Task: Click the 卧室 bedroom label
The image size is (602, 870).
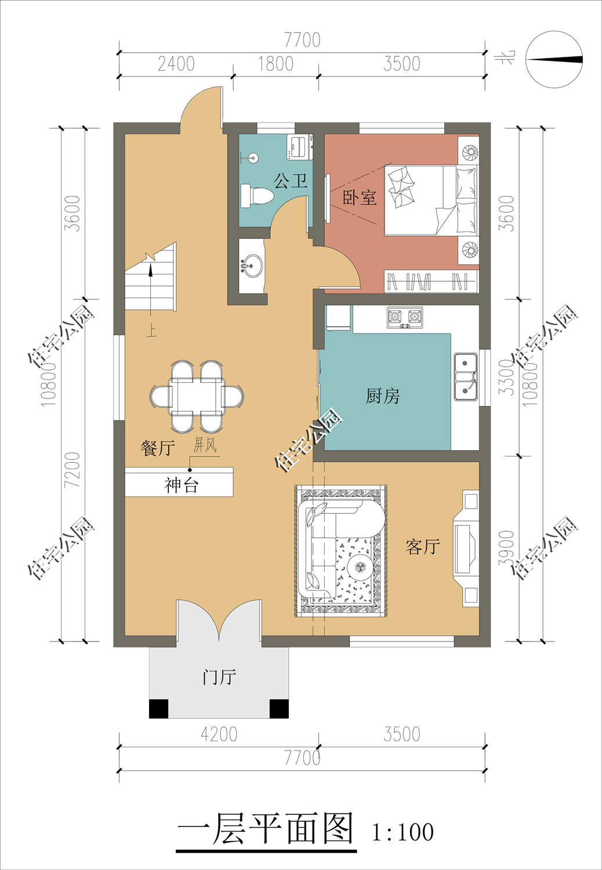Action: tap(359, 197)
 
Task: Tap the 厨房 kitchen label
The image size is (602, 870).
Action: tap(383, 396)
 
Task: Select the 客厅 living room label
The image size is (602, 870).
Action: tap(423, 547)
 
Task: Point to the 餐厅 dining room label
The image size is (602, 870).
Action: tap(158, 448)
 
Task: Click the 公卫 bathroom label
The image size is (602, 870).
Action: tap(291, 180)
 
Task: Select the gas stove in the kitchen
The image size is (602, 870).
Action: tap(405, 318)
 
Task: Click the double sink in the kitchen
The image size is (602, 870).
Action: tap(466, 377)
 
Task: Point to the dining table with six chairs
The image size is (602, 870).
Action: tap(197, 397)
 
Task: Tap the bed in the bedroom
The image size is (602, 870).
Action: tap(431, 201)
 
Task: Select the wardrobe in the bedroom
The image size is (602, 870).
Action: tap(431, 281)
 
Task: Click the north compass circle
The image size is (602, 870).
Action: tap(554, 59)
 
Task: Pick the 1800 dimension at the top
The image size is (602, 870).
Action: tap(276, 64)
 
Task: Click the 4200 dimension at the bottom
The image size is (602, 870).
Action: tap(219, 734)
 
